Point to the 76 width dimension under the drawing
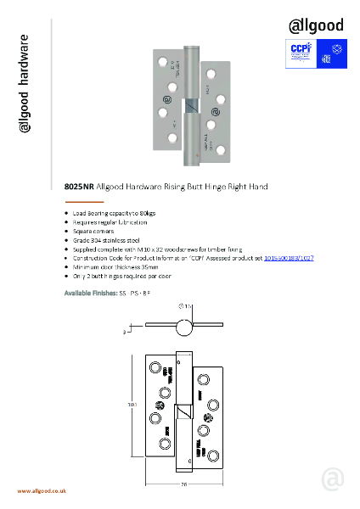(184, 485)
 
